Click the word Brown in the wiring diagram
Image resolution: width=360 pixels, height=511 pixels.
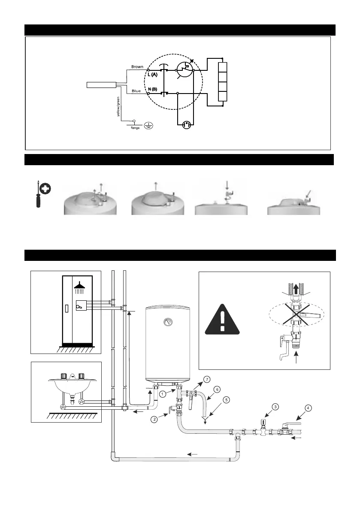tap(137, 67)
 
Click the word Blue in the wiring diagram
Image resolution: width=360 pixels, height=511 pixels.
tap(136, 91)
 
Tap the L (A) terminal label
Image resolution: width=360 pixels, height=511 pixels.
tap(152, 75)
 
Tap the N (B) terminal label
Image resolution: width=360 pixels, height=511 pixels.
tap(152, 88)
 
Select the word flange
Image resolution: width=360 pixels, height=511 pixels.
tap(136, 127)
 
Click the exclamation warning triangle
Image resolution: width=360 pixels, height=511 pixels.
tap(221, 320)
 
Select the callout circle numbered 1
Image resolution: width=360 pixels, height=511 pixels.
tap(163, 393)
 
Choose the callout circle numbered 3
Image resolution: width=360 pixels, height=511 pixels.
tap(275, 406)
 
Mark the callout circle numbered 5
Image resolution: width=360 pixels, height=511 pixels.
tap(227, 399)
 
